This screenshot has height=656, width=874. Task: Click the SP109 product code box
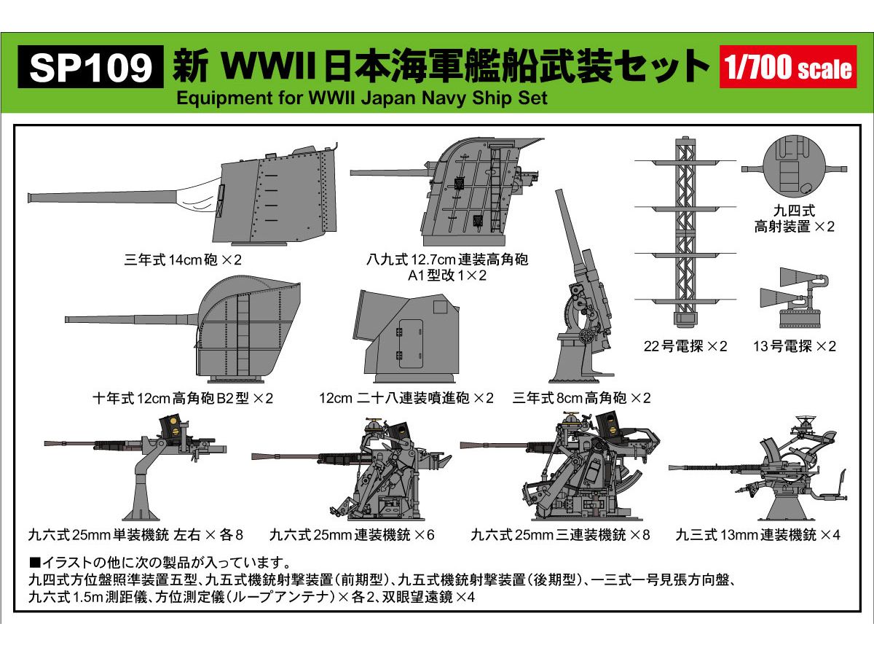click(x=91, y=69)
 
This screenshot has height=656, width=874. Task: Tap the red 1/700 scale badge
click(x=787, y=68)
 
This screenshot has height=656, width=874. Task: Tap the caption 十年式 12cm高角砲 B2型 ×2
click(x=183, y=398)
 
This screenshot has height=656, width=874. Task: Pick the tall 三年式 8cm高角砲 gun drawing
click(x=583, y=292)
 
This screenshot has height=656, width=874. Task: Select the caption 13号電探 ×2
click(x=795, y=346)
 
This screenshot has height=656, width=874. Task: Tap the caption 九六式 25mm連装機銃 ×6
click(x=352, y=535)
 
